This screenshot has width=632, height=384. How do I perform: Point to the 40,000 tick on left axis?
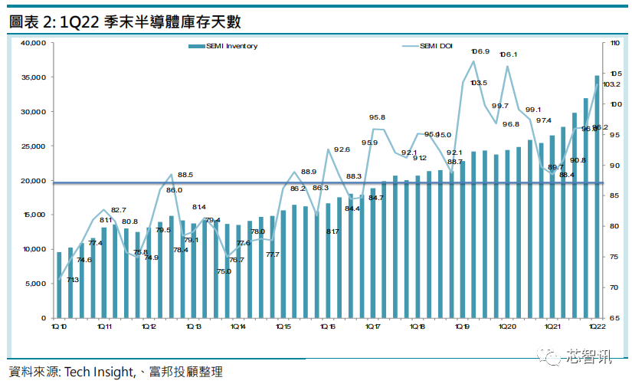click(34, 43)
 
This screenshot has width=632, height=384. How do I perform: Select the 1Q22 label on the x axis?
click(597, 327)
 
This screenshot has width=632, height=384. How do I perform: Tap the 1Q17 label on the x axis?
click(373, 327)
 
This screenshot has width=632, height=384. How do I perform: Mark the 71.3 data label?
click(72, 280)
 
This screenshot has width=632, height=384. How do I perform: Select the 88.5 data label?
click(185, 176)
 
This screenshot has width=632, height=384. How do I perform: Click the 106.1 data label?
click(508, 54)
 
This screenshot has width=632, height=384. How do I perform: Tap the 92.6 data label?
click(342, 150)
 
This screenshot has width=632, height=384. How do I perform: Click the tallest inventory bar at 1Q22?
click(598, 196)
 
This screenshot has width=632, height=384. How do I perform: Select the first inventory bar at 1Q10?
click(59, 284)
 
